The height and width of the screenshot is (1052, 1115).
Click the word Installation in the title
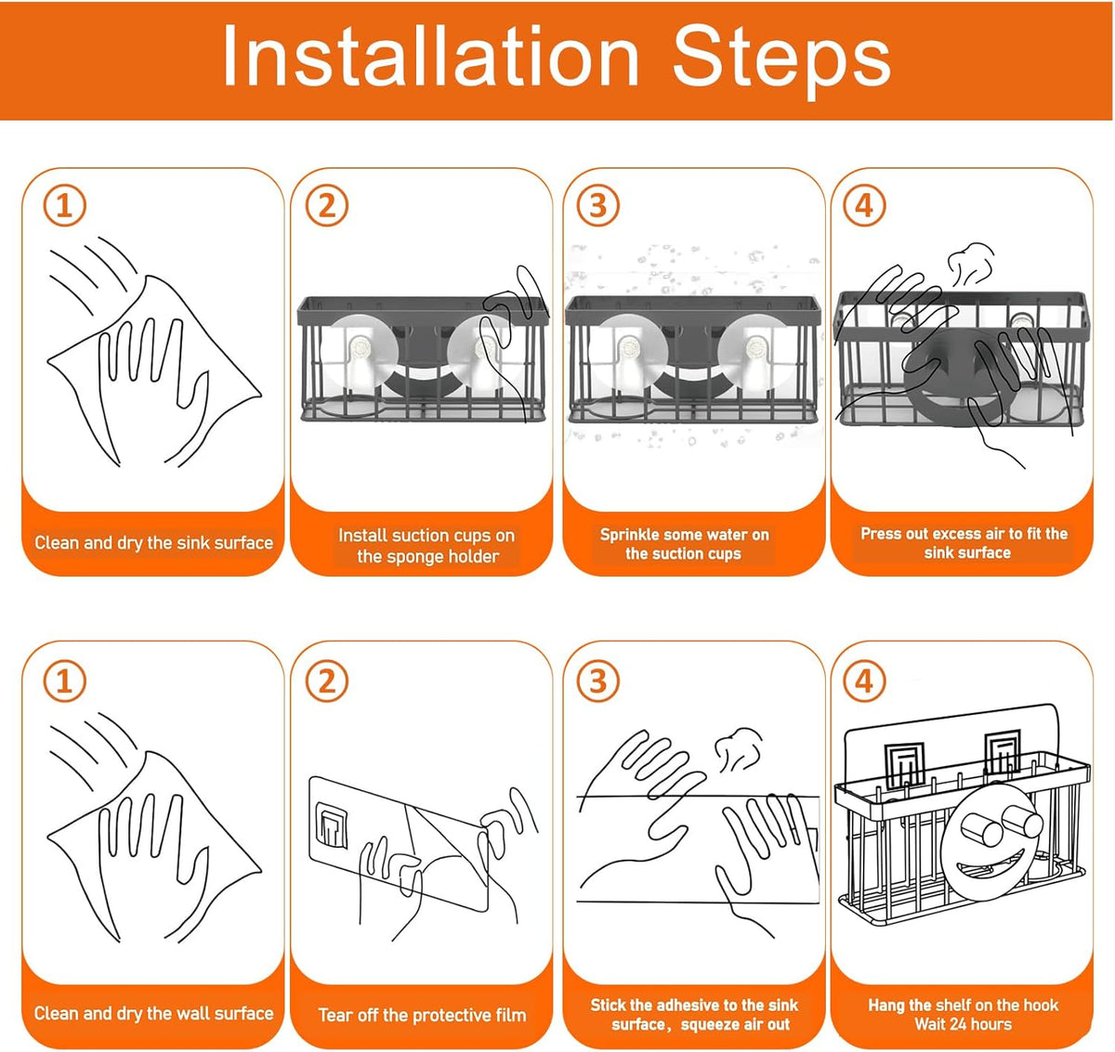pos(430,55)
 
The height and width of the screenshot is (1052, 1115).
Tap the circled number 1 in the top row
pos(64,205)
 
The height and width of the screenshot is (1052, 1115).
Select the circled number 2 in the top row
pos(327,205)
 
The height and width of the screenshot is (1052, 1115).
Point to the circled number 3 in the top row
pos(598,205)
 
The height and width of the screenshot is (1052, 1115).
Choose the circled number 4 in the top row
pos(865,205)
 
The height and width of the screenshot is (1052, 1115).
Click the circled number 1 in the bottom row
pos(64,682)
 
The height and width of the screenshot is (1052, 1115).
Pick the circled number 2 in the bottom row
pos(327,682)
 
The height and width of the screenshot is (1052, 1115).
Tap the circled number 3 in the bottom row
pos(598,682)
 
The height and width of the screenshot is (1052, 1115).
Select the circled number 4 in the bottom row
pos(865,682)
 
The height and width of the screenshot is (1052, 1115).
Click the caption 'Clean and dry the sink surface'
pos(154,543)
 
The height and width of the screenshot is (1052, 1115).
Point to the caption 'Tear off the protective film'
pos(422,1015)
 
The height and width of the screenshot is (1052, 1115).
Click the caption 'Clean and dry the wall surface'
pos(154,1013)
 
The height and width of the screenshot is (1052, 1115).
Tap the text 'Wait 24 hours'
pos(964,1024)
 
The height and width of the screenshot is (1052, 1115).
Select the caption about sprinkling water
pos(685,544)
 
